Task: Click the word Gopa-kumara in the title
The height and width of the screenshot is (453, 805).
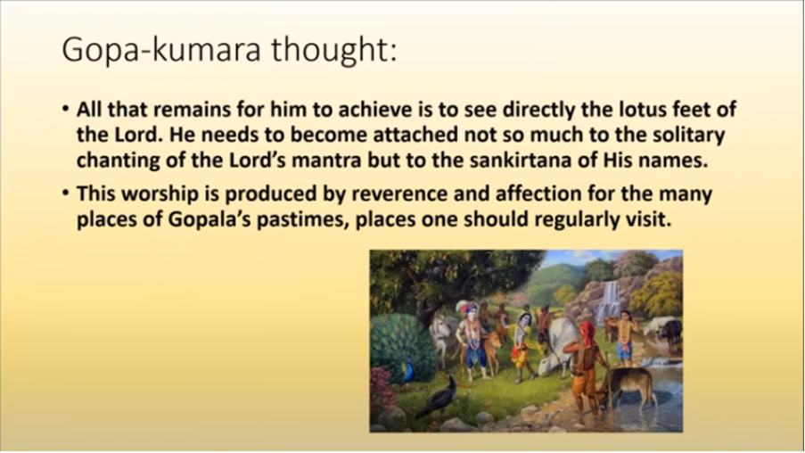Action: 161,50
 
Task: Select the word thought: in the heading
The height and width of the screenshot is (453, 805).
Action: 334,49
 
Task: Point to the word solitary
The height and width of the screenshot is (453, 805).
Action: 689,136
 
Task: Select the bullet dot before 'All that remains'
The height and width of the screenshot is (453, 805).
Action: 65,109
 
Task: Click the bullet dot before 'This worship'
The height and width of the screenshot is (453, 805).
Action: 65,194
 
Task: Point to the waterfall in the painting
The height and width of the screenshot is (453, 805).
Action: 610,300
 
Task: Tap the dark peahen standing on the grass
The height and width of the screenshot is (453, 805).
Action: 439,396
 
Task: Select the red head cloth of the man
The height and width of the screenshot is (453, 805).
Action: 587,333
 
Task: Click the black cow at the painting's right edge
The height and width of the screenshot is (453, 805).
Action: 670,332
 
